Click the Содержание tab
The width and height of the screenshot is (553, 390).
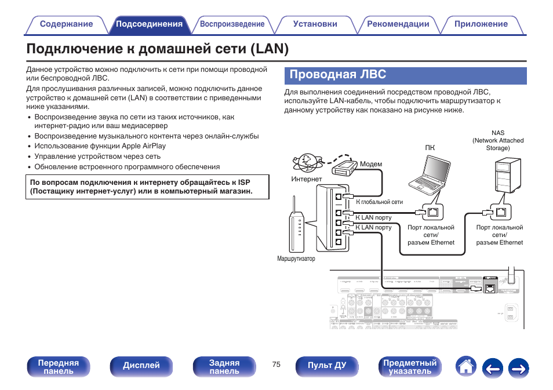66,24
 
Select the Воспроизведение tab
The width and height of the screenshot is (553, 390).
232,24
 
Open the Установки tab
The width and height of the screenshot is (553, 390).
315,24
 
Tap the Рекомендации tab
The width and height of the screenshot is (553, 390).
398,24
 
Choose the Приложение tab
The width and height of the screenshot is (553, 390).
481,24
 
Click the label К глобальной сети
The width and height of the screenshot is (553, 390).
379,202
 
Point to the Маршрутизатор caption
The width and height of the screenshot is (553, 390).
296,258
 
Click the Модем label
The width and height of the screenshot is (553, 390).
371,164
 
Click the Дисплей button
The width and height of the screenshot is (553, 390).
141,366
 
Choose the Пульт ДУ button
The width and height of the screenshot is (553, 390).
327,366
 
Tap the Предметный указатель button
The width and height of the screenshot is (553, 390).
410,366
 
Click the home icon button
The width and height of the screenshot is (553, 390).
465,366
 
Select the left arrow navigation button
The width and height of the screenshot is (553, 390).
493,367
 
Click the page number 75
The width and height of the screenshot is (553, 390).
276,365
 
